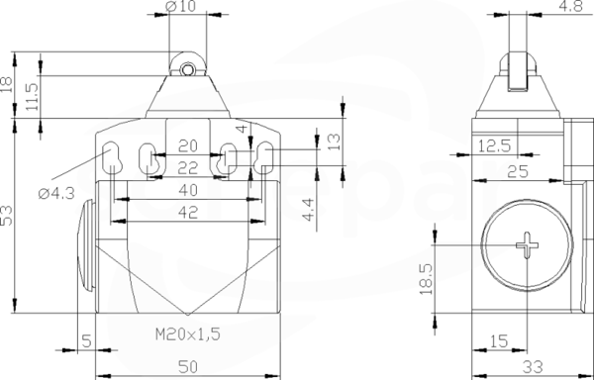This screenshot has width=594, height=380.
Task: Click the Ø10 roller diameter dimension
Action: pyautogui.click(x=181, y=6)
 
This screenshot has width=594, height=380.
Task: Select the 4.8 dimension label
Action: pyautogui.click(x=570, y=6)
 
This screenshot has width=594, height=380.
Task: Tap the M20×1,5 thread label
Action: pyautogui.click(x=188, y=333)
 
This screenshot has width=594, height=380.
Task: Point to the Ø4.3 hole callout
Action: pyautogui.click(x=56, y=193)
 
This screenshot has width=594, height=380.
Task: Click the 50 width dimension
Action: pyautogui.click(x=188, y=366)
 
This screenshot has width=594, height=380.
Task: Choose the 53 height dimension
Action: pyautogui.click(x=7, y=216)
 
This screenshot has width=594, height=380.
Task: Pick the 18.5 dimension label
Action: pyautogui.click(x=426, y=279)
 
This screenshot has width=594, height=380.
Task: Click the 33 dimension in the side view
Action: pyautogui.click(x=533, y=366)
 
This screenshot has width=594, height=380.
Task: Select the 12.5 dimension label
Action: pyautogui.click(x=495, y=145)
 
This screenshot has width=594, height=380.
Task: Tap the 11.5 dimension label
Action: pyautogui.click(x=33, y=97)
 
